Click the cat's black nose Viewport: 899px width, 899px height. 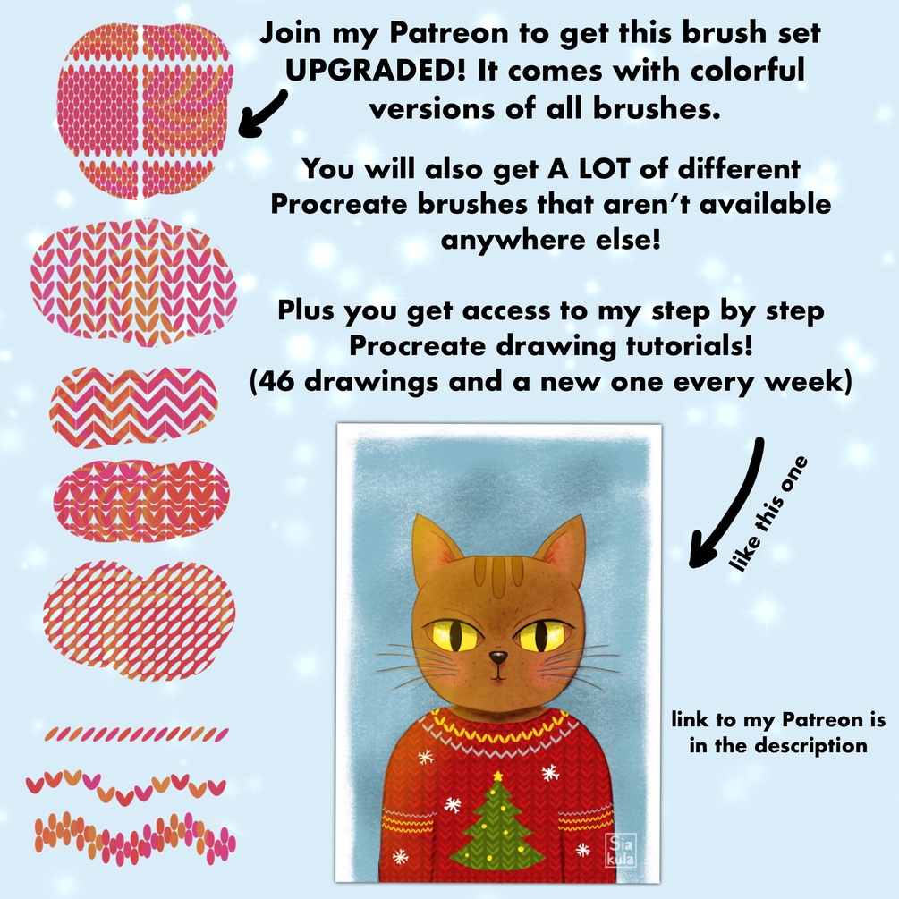coord(497,657)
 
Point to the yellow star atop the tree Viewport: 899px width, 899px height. coord(497,776)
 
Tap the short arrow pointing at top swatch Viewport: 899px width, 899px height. coord(261,114)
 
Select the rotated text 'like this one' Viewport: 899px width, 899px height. coord(768,513)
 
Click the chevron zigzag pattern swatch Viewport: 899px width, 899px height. coord(133,407)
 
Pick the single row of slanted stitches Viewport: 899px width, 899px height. coord(137,734)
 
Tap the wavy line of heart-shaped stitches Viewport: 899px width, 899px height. coord(126,785)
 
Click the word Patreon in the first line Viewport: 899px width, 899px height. coord(449,33)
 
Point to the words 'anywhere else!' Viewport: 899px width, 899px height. coord(550,240)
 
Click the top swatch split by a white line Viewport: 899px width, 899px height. coord(144,111)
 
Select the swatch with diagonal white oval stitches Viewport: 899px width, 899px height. coord(140,621)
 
